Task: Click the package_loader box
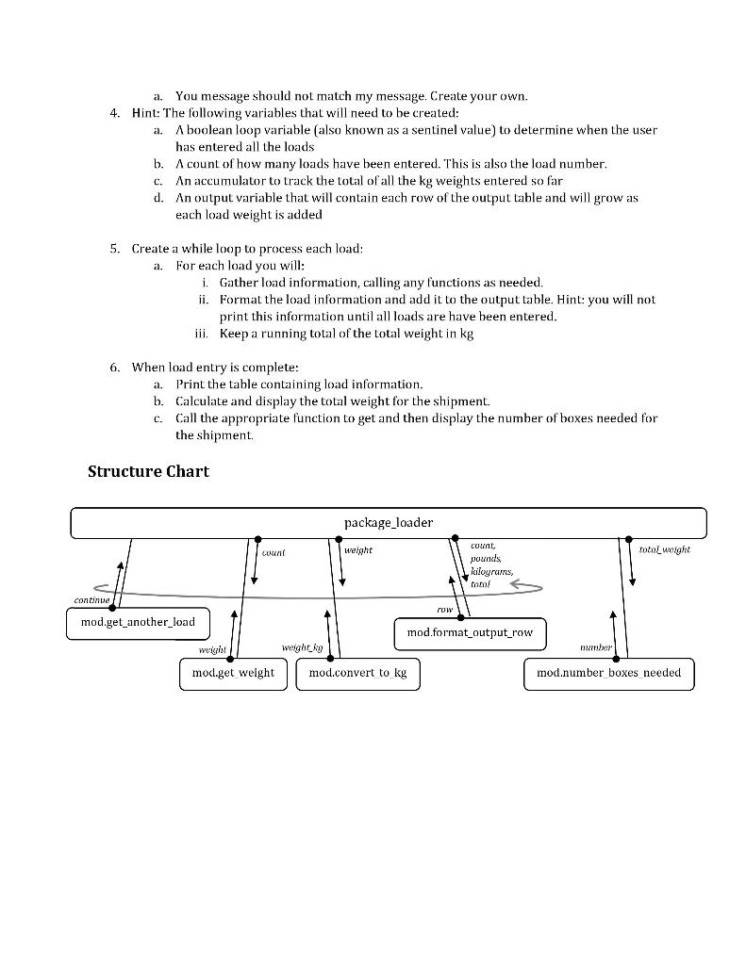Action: pos(388,523)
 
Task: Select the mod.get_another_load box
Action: pos(138,624)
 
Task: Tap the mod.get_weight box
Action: pos(233,673)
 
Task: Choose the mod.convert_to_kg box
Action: pos(357,673)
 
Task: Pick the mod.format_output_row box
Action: pos(469,633)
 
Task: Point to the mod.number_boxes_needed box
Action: pos(608,673)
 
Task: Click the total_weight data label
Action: pos(664,549)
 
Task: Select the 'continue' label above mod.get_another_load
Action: pos(92,600)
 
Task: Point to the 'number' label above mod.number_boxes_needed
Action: pos(596,647)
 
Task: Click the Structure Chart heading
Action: pos(148,471)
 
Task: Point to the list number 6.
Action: pos(113,368)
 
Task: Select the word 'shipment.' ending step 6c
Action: pos(227,435)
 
